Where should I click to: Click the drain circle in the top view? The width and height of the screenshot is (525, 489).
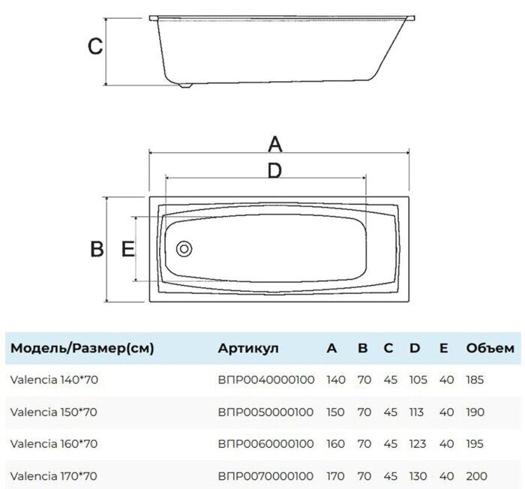pos(184,249)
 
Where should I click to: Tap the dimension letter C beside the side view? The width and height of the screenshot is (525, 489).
pos(95,46)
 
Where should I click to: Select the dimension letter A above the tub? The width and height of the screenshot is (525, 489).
pos(275,144)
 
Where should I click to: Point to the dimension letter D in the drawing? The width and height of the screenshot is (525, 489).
pos(275,170)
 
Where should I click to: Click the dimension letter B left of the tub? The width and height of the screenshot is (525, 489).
pos(97,249)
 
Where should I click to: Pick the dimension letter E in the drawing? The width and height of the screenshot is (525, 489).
pos(128,249)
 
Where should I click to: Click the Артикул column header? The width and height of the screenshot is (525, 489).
pos(248,348)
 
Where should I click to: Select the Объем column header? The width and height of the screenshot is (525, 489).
pos(490,348)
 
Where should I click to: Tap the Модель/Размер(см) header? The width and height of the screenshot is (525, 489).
pos(82,348)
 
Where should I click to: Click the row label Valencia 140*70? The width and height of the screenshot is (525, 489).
pos(54,379)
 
